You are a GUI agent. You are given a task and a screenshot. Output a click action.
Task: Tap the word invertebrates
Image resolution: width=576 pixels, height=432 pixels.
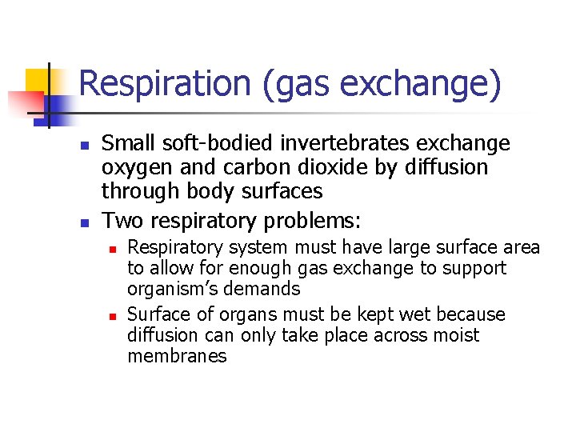pos(334,143)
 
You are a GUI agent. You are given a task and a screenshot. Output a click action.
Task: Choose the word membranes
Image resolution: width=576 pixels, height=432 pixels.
pos(177,356)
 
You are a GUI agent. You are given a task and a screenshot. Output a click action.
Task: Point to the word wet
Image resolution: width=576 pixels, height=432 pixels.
pos(414,314)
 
